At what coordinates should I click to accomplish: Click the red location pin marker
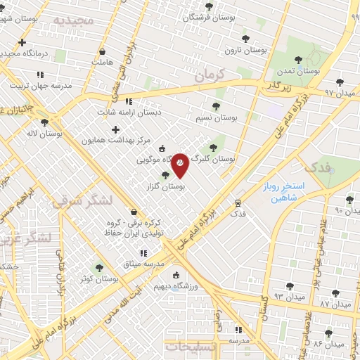click(x=180, y=164)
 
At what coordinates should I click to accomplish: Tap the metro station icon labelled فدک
click(x=238, y=202)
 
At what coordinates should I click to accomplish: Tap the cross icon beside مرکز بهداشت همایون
click(x=116, y=129)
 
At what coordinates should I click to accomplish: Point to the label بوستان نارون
click(x=245, y=50)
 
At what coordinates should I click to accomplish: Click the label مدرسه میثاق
click(x=143, y=263)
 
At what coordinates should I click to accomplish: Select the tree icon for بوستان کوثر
click(x=98, y=268)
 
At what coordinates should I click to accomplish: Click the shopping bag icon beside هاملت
click(x=103, y=51)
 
